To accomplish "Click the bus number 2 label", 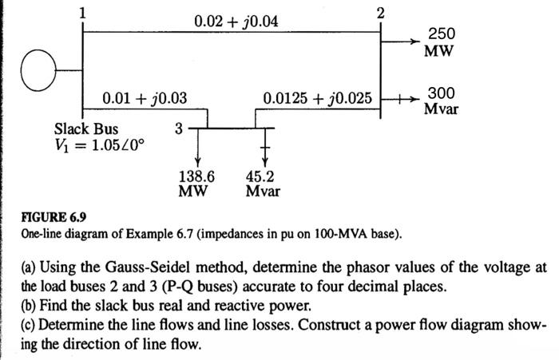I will pyautogui.click(x=380, y=13).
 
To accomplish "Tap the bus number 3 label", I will pyautogui.click(x=178, y=129).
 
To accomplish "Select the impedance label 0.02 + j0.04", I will pyautogui.click(x=236, y=19).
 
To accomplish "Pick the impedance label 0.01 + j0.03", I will pyautogui.click(x=145, y=99).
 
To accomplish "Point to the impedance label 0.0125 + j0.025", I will pyautogui.click(x=318, y=99).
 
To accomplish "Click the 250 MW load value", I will pyautogui.click(x=441, y=42).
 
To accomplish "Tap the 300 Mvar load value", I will pyautogui.click(x=441, y=101).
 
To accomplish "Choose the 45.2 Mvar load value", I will pyautogui.click(x=264, y=184).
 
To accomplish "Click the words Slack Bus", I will pyautogui.click(x=85, y=129).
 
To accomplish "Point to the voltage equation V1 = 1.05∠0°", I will pyautogui.click(x=99, y=147).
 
